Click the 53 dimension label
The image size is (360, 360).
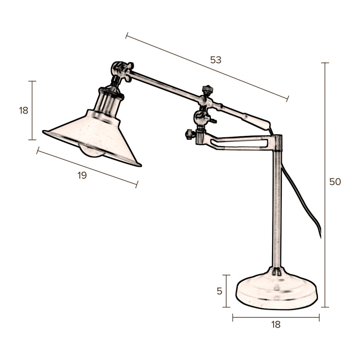(x=215, y=60)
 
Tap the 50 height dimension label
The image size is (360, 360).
(x=335, y=182)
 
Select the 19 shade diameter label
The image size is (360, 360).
(x=82, y=175)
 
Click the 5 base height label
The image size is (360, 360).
(x=220, y=291)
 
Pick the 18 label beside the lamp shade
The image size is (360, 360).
(x=24, y=110)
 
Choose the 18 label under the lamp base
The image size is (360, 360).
(x=276, y=325)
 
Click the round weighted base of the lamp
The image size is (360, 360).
(x=277, y=291)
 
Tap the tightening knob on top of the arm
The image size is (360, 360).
(x=207, y=90)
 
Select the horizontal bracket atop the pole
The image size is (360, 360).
(x=242, y=142)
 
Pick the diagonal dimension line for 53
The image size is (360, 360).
(x=206, y=67)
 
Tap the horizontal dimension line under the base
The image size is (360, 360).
(x=276, y=318)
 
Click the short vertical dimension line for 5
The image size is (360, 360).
(x=226, y=291)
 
